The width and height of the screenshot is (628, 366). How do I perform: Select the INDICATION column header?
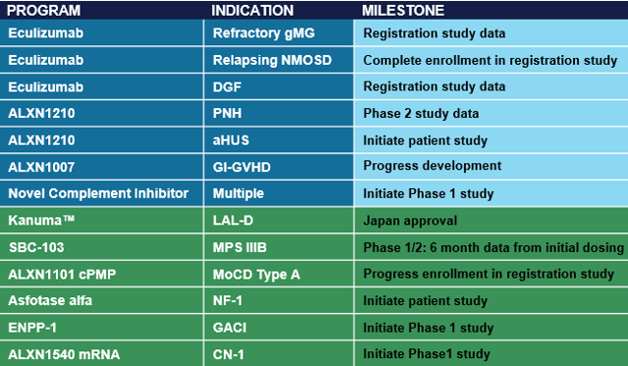click(x=252, y=11)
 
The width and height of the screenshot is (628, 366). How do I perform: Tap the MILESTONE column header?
click(x=404, y=11)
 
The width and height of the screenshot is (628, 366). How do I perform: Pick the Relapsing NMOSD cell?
click(x=264, y=60)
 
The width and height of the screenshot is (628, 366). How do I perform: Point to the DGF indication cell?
click(x=228, y=86)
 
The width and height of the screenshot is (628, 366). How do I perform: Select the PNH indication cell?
click(x=228, y=113)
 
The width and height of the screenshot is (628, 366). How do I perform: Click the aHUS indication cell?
click(x=231, y=139)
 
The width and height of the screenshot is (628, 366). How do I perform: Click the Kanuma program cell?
click(x=38, y=221)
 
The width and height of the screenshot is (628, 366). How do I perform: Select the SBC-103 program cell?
click(x=37, y=247)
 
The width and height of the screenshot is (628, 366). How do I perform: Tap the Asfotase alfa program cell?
click(x=50, y=300)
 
